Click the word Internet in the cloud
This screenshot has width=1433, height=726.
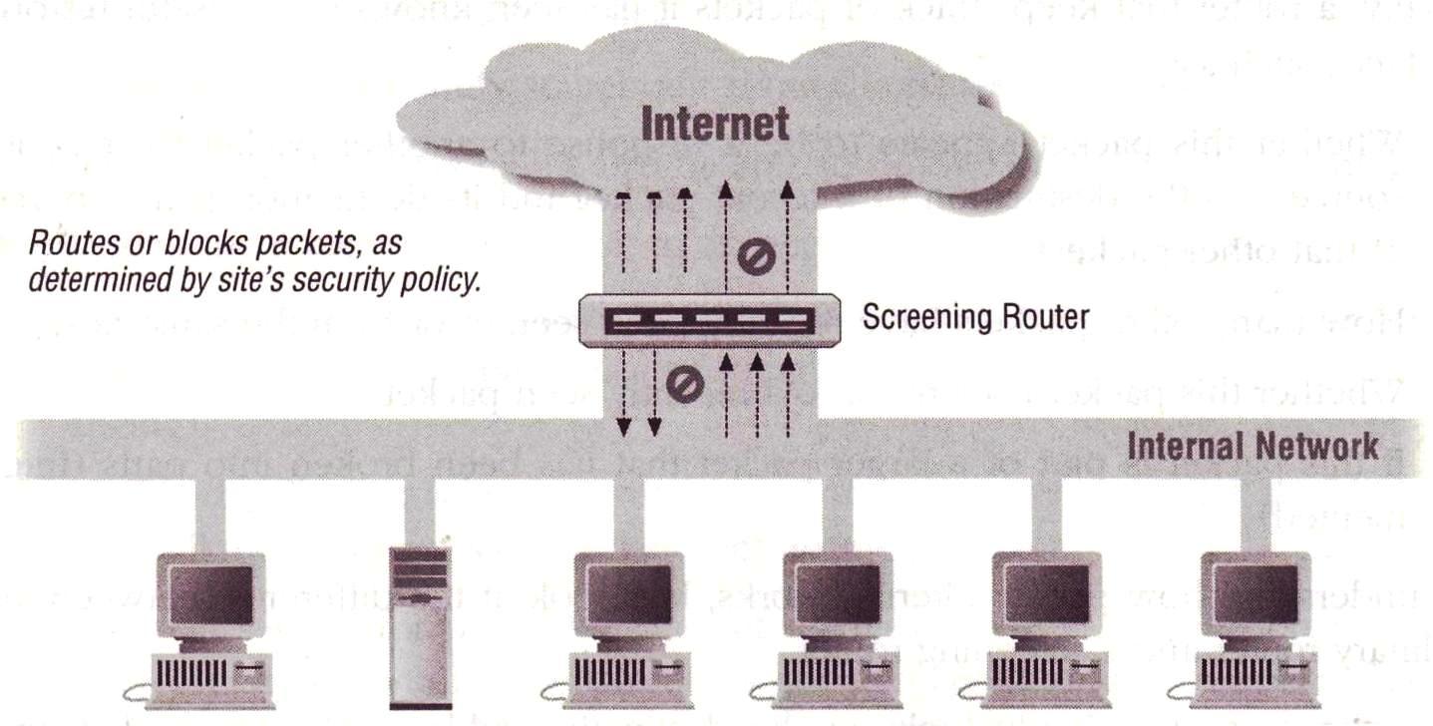click(x=715, y=124)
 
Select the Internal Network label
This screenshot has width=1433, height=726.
click(x=1254, y=445)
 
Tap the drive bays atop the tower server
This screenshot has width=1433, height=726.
click(x=420, y=568)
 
